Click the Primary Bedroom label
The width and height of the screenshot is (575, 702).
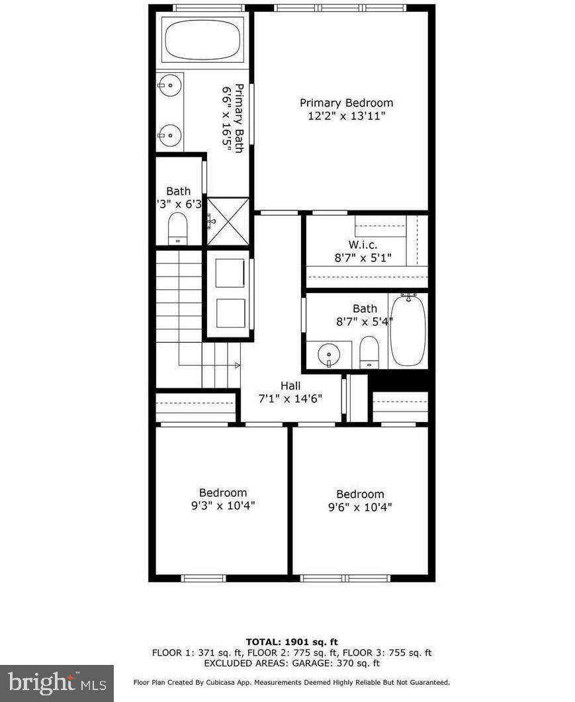tap(346, 103)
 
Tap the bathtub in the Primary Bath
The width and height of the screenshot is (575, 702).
tap(203, 41)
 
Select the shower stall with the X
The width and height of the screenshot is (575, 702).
tap(228, 221)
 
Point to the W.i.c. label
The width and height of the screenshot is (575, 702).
tap(364, 245)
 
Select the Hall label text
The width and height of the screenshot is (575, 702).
tap(290, 386)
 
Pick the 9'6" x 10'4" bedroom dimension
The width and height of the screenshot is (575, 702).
tap(360, 507)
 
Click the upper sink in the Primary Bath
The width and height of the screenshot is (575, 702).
tap(170, 85)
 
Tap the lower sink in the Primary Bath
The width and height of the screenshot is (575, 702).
tap(170, 136)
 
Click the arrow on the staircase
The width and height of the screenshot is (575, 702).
tap(236, 365)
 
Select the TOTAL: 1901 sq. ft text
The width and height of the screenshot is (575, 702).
tap(291, 642)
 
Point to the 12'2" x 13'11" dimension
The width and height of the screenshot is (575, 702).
tap(346, 116)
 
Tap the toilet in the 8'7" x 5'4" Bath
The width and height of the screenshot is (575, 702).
tap(369, 351)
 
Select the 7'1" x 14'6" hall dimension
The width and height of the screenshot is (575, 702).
tap(290, 398)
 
